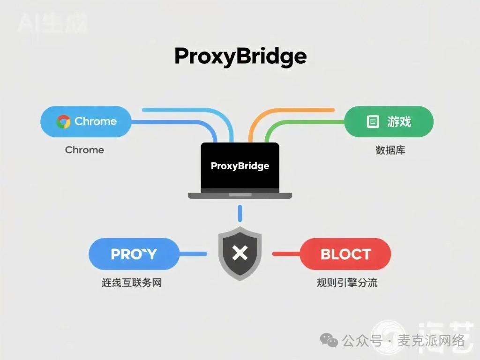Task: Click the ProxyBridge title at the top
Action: coord(240,57)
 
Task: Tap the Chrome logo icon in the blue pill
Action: coord(63,122)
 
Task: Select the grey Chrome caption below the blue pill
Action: coord(84,150)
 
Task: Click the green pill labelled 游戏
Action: coord(389,122)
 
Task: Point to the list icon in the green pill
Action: coord(372,122)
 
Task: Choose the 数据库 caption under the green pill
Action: coord(390,150)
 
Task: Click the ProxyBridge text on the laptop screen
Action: coord(240,166)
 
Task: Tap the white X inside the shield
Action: coord(240,254)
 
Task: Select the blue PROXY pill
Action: coord(134,254)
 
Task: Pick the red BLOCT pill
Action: coord(345,254)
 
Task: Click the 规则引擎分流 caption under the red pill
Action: coord(347,283)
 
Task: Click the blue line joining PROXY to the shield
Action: coord(193,254)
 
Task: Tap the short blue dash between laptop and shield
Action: coord(240,213)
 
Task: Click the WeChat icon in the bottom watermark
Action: coord(332,341)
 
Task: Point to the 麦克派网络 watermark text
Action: coord(431,341)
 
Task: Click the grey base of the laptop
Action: coord(240,195)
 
